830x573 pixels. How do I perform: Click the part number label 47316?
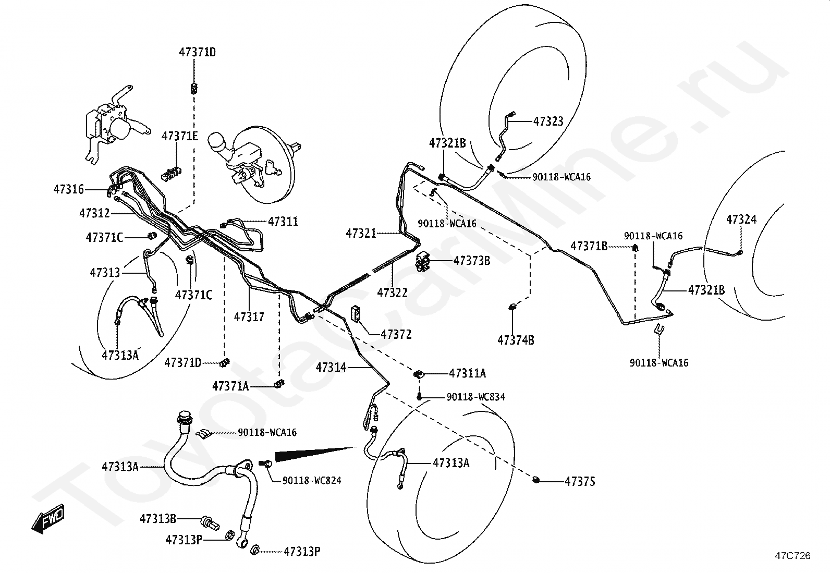click(69, 189)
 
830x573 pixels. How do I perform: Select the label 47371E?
click(180, 137)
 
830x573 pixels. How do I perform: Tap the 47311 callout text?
click(283, 222)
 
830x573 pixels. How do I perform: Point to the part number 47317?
click(249, 317)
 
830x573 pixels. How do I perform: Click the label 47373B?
click(472, 261)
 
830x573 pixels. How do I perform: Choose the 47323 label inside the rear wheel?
click(548, 121)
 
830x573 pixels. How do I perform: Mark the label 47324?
click(741, 220)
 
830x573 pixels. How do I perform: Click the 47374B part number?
click(516, 340)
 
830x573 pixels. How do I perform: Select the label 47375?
click(580, 481)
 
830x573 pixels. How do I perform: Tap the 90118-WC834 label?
click(476, 397)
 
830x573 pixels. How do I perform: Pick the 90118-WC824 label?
click(312, 481)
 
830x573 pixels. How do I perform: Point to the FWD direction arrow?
click(47, 519)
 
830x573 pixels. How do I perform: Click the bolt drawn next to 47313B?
click(210, 522)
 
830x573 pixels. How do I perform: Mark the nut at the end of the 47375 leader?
click(536, 480)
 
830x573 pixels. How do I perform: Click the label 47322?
click(393, 293)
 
